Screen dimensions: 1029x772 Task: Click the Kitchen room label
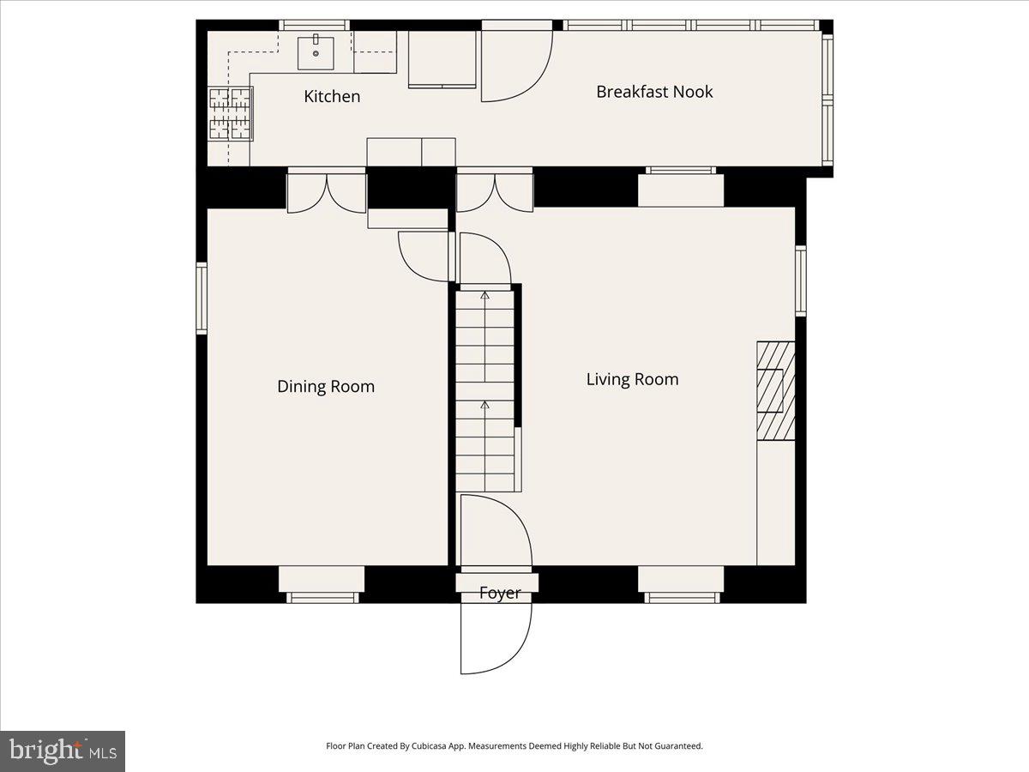click(332, 96)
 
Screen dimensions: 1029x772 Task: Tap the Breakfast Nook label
click(654, 92)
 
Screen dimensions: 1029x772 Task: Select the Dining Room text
click(326, 386)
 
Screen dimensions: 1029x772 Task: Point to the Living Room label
click(632, 379)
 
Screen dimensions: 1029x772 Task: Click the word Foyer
click(500, 594)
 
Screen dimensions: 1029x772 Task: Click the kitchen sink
click(316, 53)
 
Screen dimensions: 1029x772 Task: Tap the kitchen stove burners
click(230, 114)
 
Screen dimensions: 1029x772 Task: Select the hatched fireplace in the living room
click(776, 390)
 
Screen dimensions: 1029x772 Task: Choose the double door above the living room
click(495, 193)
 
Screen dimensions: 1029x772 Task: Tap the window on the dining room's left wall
click(202, 299)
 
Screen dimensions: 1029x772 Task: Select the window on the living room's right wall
click(801, 280)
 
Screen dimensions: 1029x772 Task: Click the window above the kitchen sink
click(315, 26)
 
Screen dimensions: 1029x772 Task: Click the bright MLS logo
click(63, 751)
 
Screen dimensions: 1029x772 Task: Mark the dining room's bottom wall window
click(322, 598)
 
